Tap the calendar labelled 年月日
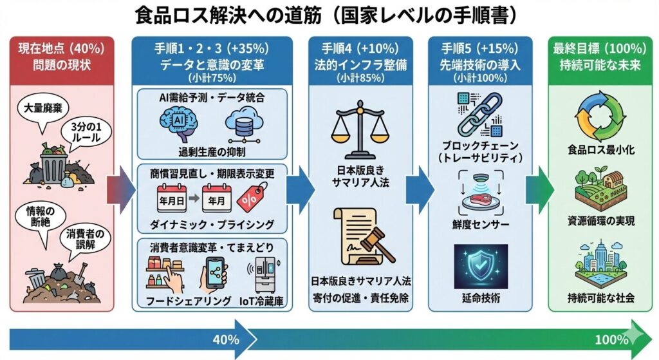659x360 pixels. tap(170, 196)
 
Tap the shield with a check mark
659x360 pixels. tap(480, 265)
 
